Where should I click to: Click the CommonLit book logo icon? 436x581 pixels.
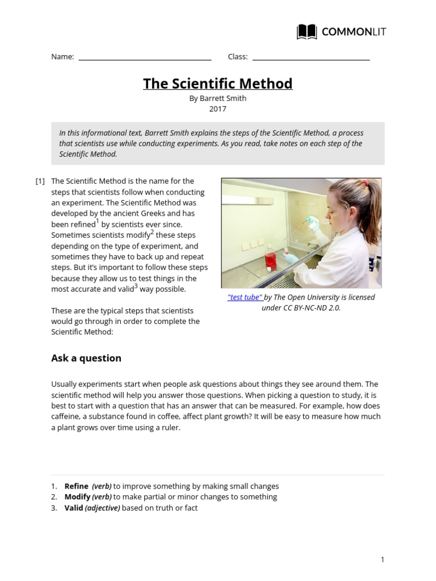(x=307, y=32)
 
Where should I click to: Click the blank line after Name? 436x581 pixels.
(x=145, y=58)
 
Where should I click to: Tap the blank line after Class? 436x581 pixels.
(x=311, y=58)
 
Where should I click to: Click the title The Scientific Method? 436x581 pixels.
(x=218, y=83)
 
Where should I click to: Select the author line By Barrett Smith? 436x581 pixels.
(x=218, y=98)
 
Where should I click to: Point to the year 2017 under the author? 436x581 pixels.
(x=218, y=109)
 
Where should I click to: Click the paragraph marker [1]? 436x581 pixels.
(x=40, y=182)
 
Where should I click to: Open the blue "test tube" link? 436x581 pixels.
(x=245, y=297)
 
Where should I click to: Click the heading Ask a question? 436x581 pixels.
(x=86, y=358)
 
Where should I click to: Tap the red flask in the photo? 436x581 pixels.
(x=270, y=260)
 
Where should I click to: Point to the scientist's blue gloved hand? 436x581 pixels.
(x=291, y=258)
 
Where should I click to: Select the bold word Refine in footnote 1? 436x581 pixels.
(x=77, y=486)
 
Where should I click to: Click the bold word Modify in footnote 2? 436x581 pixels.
(x=78, y=497)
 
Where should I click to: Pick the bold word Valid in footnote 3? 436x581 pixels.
(x=74, y=508)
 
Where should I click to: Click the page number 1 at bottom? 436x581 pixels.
(x=383, y=560)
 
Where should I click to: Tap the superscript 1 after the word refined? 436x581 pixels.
(x=97, y=221)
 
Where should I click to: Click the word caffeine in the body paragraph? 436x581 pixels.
(x=66, y=417)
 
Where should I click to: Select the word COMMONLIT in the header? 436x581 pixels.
(x=354, y=32)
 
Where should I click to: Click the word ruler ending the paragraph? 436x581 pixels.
(x=170, y=428)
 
